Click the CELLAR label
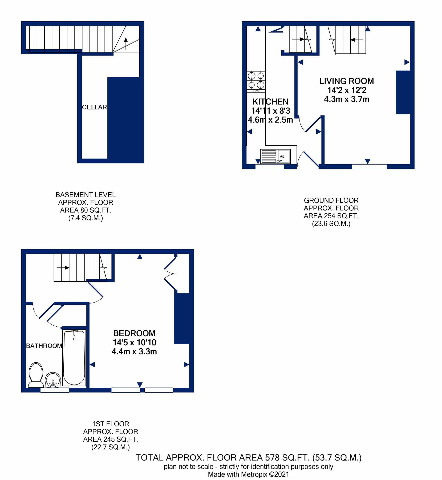click(x=94, y=107)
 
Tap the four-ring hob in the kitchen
click(x=256, y=81)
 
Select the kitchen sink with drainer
click(x=275, y=156)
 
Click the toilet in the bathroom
click(x=36, y=375)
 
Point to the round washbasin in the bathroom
click(x=53, y=380)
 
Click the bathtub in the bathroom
click(x=74, y=358)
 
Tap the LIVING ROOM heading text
click(x=346, y=81)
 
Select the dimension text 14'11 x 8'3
click(x=270, y=111)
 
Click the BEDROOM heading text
click(x=134, y=333)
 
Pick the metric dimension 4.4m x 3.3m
click(x=134, y=351)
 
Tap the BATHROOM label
click(x=44, y=346)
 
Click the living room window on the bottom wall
click(x=369, y=167)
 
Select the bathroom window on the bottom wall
click(x=54, y=390)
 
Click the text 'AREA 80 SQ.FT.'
click(x=86, y=210)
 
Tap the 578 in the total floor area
click(x=272, y=458)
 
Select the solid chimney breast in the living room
click(x=402, y=92)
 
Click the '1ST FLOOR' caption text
click(x=111, y=424)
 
